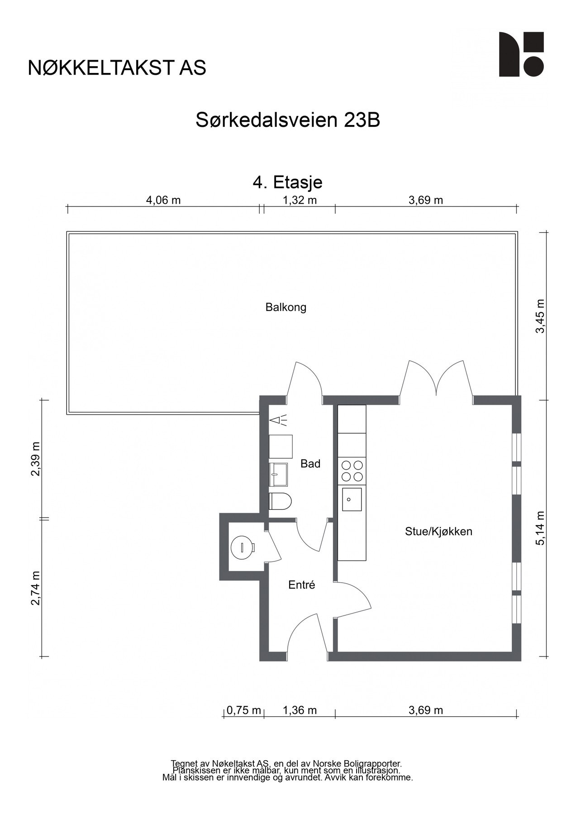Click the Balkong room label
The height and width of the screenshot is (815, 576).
[286, 307]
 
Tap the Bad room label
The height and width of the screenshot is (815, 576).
[310, 464]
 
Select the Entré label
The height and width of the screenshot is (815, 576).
[301, 585]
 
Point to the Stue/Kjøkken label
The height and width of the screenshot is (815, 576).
[438, 532]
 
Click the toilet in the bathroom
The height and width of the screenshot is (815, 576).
[280, 502]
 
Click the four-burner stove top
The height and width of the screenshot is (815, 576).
[352, 471]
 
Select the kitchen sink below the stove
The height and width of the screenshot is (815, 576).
[352, 499]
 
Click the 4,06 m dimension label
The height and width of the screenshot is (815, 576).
[163, 200]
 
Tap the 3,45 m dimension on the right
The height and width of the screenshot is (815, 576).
[540, 316]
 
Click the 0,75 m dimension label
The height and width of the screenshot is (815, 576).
[243, 710]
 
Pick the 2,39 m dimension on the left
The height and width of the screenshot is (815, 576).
[35, 459]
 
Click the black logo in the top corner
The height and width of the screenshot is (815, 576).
[521, 54]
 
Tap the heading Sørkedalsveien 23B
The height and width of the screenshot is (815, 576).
[287, 120]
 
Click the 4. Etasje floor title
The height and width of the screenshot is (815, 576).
[287, 182]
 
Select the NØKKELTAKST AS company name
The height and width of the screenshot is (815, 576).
[117, 68]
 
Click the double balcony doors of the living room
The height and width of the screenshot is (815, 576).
[436, 379]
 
